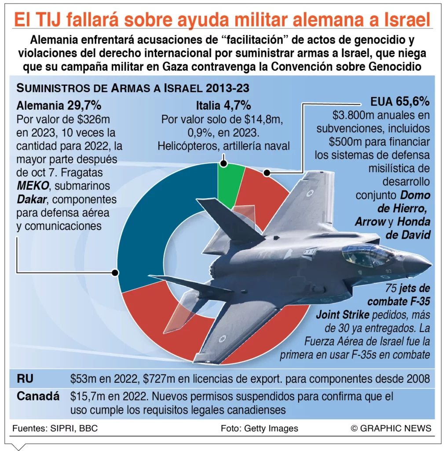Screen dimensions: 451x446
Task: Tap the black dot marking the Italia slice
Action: tap(223, 163)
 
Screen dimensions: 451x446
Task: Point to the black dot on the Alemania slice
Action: tap(116, 273)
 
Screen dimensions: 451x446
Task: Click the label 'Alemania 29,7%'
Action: tap(59, 106)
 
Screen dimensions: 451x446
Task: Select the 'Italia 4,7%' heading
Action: tap(223, 106)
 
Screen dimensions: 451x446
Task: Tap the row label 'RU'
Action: tap(25, 379)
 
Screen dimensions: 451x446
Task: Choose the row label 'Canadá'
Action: tap(38, 396)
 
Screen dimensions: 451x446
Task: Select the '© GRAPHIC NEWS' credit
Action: tap(391, 428)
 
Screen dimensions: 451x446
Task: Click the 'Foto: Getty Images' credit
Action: tap(260, 428)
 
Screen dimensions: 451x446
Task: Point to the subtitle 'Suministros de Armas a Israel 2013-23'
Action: tap(132, 88)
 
